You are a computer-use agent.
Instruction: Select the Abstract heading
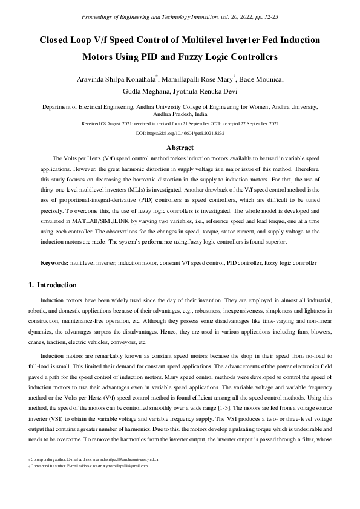point(180,147)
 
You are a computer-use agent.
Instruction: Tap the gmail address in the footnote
point(124,466)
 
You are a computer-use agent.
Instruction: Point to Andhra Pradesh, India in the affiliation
point(180,113)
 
